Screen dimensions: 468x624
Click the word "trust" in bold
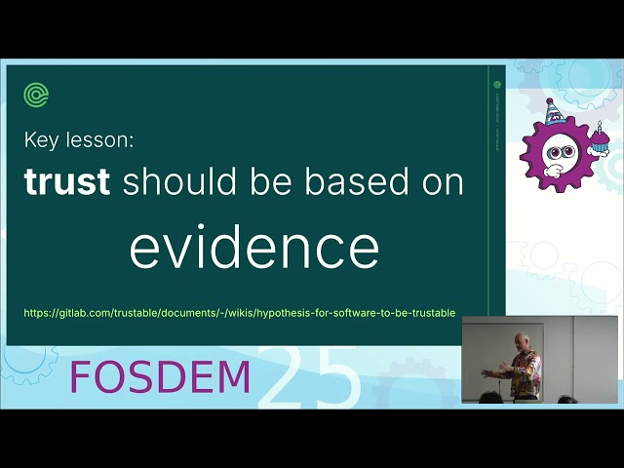[66, 181]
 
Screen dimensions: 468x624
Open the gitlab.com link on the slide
[240, 313]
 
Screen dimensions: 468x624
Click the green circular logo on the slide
[37, 95]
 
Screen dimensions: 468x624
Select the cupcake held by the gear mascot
[598, 144]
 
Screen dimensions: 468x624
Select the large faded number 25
[310, 377]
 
